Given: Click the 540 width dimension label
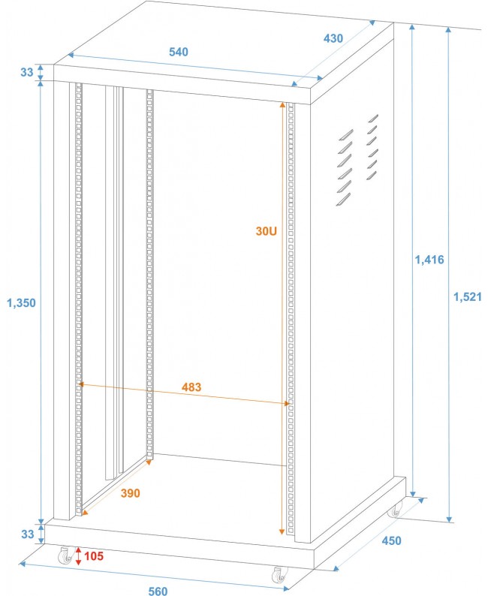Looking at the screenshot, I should (178, 52).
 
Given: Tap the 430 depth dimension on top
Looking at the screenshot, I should (333, 37).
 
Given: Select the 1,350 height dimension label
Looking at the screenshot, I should (21, 303).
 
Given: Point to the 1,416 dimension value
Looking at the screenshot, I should (429, 260).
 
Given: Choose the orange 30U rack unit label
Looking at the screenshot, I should (267, 232).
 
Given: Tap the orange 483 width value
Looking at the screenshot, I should (192, 387).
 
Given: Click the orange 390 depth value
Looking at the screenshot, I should (130, 493).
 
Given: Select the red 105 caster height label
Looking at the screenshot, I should (94, 556).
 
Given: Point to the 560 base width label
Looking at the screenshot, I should (158, 591).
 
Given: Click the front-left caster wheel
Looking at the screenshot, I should (65, 557).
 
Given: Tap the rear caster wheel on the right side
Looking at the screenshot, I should (395, 510).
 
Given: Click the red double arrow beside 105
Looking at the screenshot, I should (78, 556).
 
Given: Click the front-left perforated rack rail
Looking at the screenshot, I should (77, 300).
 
